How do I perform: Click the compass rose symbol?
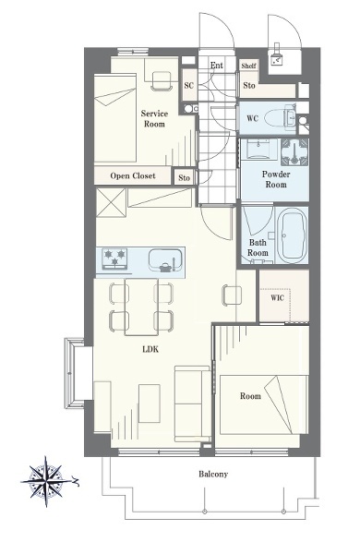point(47,481)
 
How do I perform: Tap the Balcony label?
point(213,475)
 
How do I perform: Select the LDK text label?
point(150,349)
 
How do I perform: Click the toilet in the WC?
point(281,117)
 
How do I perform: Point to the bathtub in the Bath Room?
point(292,235)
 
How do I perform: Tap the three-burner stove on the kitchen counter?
point(114,258)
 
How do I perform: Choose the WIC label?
point(277,298)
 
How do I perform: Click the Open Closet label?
point(133,175)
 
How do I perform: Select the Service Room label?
point(154,119)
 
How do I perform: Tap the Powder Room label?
point(276,179)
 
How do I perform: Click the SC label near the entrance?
point(189,85)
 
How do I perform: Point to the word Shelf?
point(248,66)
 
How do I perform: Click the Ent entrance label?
point(217,66)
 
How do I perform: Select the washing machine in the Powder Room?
point(294,152)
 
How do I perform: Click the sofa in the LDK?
point(193,403)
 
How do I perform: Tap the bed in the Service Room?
point(115,118)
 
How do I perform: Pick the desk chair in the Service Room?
point(162,81)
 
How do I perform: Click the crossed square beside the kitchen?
point(111,202)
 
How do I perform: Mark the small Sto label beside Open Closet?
point(184,177)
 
